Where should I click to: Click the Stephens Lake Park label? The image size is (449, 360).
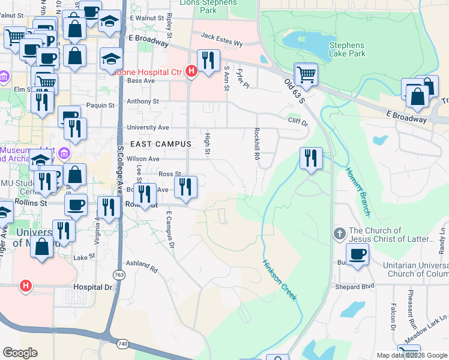pyautogui.click(x=347, y=49)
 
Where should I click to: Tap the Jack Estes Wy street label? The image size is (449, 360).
pyautogui.click(x=221, y=43)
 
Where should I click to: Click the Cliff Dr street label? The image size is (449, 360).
pyautogui.click(x=297, y=121)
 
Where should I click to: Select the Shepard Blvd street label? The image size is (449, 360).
pyautogui.click(x=355, y=286)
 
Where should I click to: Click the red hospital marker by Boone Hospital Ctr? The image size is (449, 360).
pyautogui.click(x=191, y=72)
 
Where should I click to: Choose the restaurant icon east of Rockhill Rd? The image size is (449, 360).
pyautogui.click(x=311, y=159)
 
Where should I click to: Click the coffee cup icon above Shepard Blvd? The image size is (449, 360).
pyautogui.click(x=357, y=254)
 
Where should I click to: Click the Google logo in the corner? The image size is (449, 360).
pyautogui.click(x=20, y=352)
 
